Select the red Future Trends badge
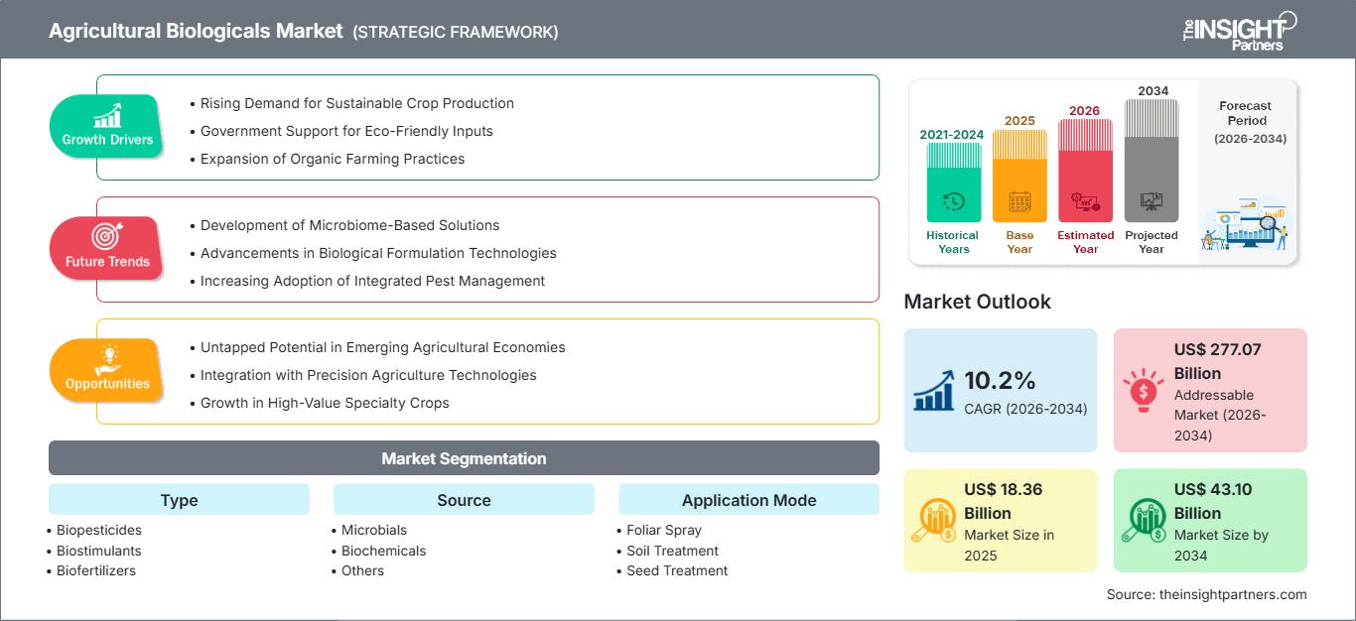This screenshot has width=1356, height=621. click(x=107, y=249)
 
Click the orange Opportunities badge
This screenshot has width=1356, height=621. click(x=107, y=370)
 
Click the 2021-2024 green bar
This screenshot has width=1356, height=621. click(x=953, y=183)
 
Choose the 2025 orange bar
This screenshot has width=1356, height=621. click(x=1019, y=177)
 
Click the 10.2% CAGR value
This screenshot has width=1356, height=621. click(x=1000, y=380)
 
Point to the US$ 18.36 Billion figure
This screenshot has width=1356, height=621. click(x=1003, y=501)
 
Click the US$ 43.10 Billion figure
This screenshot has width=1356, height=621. click(x=1213, y=501)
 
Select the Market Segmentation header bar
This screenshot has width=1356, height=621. click(x=464, y=458)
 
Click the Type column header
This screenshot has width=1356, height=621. click(x=179, y=500)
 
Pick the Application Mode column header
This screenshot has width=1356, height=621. click(x=748, y=500)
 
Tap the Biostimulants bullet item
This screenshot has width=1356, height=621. click(x=99, y=551)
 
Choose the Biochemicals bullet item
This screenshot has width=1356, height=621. click(x=383, y=551)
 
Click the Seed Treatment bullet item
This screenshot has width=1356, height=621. click(x=677, y=570)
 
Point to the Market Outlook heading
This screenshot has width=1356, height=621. click(x=977, y=302)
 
